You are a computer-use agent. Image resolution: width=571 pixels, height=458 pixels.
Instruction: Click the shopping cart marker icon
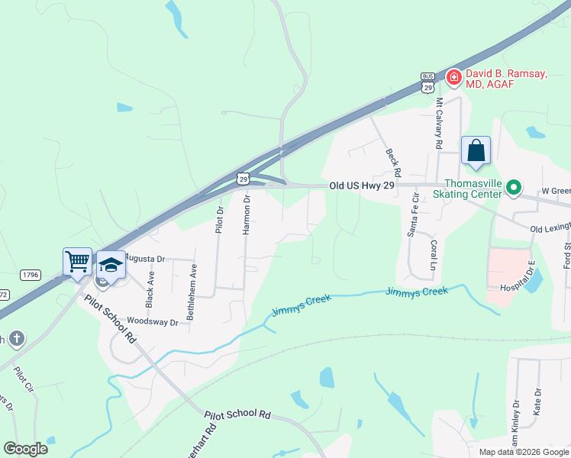[77, 262]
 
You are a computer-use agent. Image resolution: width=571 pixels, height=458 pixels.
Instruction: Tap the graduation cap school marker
[111, 265]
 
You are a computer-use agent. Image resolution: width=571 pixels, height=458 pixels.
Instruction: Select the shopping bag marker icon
[476, 150]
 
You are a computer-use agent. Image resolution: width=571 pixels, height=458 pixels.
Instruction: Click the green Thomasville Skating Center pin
[515, 186]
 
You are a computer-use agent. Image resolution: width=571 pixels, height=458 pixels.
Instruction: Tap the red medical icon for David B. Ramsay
[453, 76]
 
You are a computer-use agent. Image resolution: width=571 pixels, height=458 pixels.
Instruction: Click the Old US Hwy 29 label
[362, 185]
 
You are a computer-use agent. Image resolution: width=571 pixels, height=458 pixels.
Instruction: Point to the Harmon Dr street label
[247, 214]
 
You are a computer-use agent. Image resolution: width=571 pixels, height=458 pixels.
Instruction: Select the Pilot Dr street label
[220, 220]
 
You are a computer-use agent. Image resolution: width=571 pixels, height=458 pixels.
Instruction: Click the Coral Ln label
[433, 254]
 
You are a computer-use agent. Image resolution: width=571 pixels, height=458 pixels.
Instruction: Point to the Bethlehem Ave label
[194, 292]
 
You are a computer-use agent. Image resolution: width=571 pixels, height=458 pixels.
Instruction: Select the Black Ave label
[151, 285]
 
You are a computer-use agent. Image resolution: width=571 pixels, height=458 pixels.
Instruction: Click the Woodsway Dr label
[153, 321]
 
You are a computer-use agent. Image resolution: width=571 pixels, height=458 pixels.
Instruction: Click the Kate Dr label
[538, 402]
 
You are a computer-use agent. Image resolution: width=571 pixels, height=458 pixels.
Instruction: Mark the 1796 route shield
[31, 274]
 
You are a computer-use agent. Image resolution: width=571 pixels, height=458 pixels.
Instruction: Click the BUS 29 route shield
[427, 82]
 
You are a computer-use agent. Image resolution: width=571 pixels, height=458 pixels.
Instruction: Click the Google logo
[25, 449]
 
